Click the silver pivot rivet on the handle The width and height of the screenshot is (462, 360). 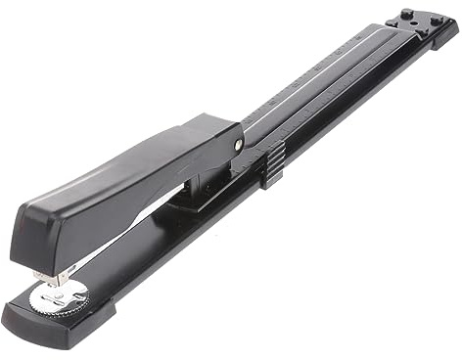239,145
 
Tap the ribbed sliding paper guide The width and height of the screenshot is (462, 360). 272,163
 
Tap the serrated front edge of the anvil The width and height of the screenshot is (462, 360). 64,312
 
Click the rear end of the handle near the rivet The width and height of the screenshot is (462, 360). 227,137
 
